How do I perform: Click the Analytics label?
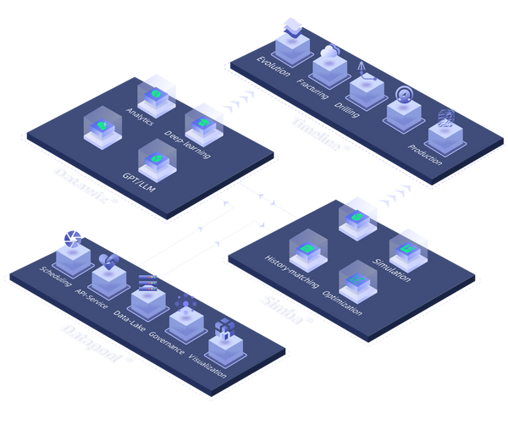click(x=139, y=116)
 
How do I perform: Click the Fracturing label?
click(x=312, y=84)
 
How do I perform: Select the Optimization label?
click(x=342, y=301)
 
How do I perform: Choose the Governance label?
click(x=166, y=341)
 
